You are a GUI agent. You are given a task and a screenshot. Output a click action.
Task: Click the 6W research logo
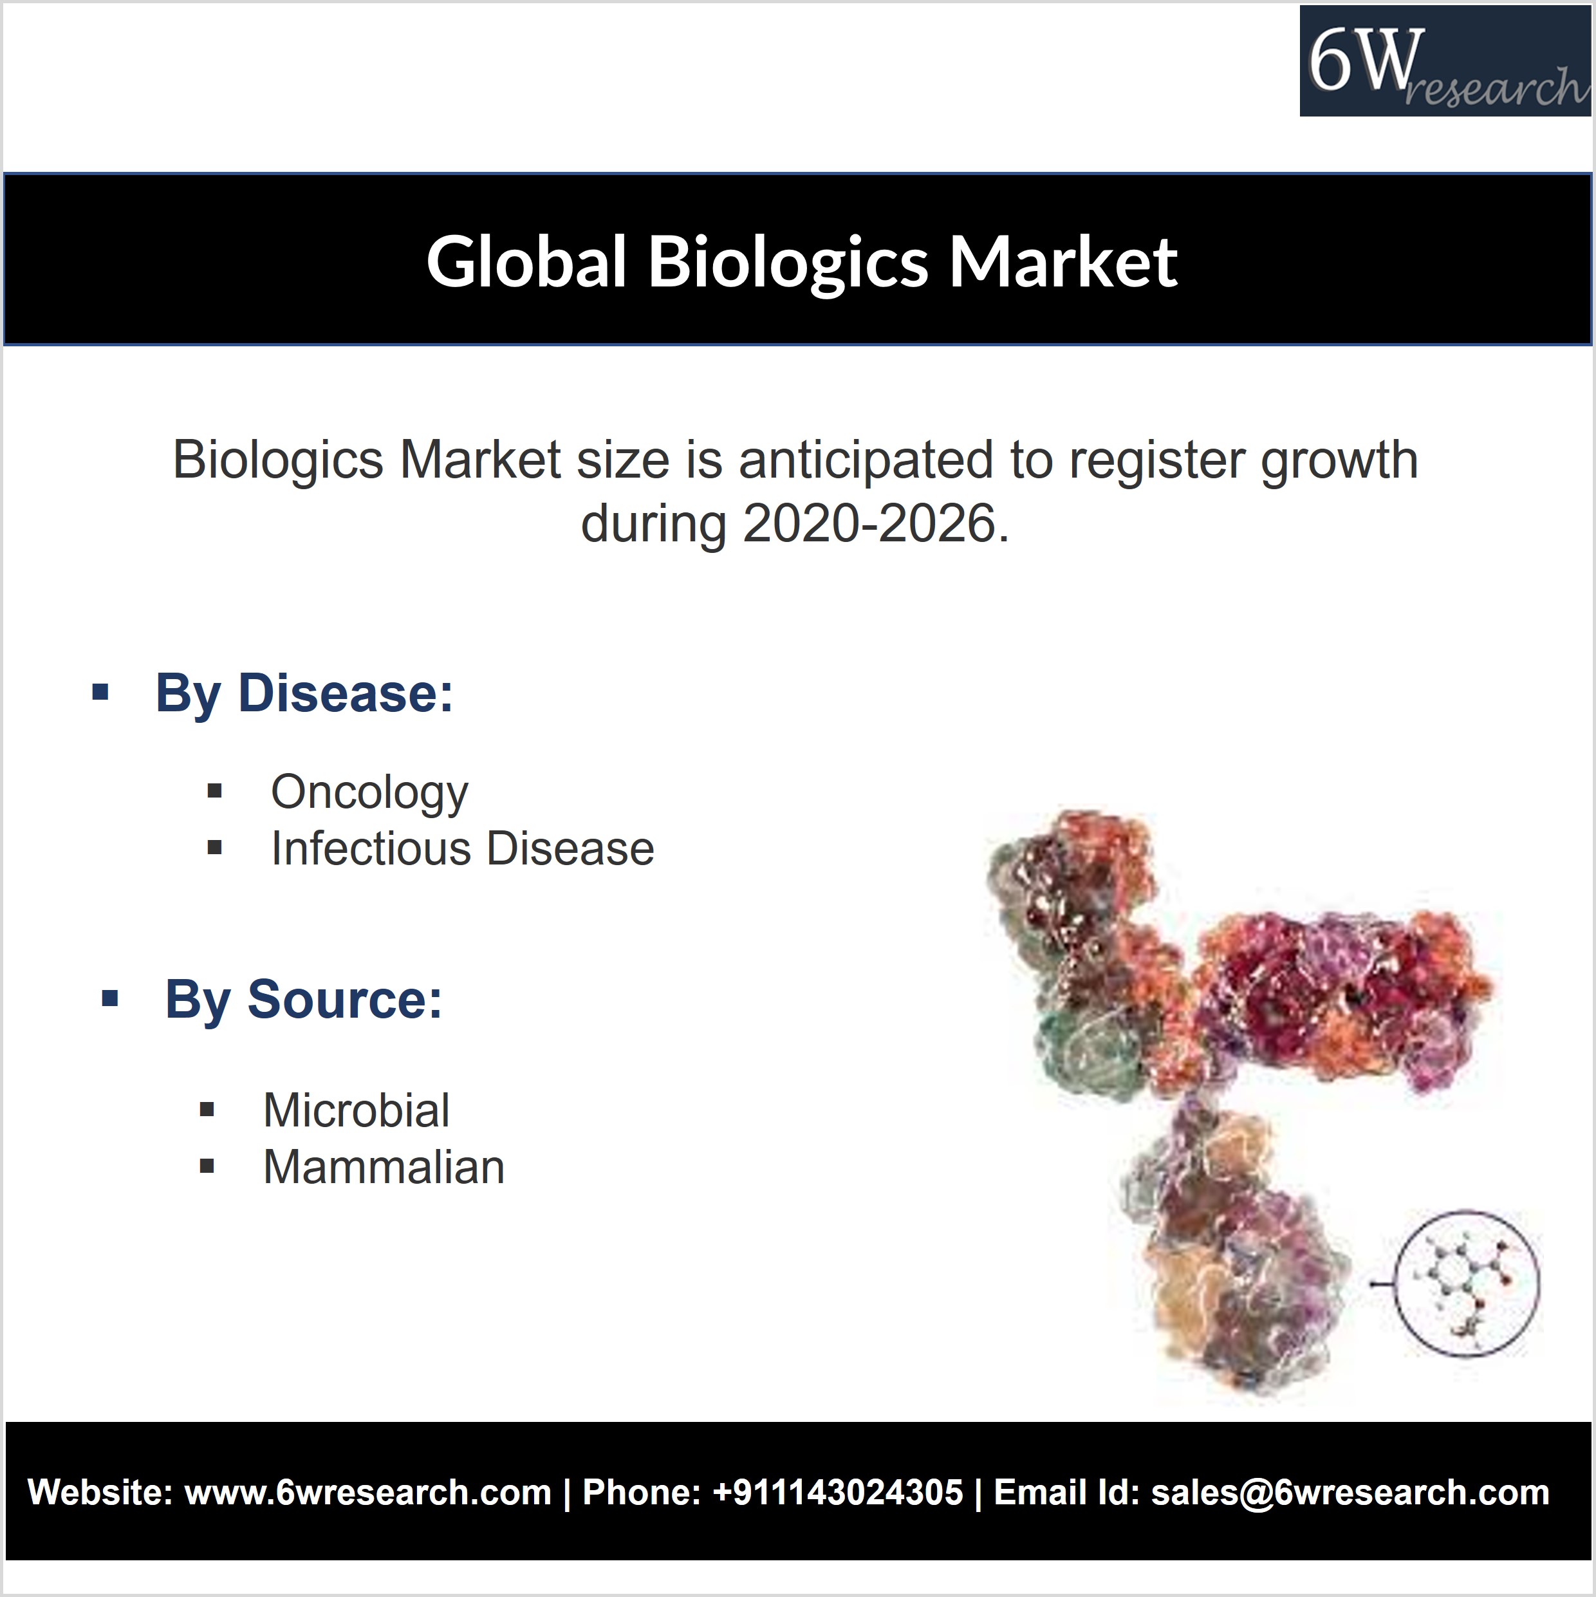1445,61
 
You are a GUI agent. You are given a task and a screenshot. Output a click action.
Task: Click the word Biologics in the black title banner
788,262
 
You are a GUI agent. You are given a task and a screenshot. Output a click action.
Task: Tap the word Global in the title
526,261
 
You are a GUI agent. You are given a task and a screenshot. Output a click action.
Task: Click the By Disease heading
304,693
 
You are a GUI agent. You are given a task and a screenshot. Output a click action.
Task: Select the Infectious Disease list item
463,849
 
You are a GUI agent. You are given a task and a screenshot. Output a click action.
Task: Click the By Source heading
303,1000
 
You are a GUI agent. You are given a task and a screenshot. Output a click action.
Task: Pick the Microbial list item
357,1110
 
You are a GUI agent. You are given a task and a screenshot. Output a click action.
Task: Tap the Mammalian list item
384,1167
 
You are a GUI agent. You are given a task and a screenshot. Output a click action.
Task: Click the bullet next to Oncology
215,791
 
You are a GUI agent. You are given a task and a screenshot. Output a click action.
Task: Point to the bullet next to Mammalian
207,1166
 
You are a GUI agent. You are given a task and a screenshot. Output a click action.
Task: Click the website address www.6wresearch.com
368,1493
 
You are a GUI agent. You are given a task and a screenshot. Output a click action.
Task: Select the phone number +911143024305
837,1493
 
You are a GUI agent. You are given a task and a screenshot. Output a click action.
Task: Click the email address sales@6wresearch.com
1350,1493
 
